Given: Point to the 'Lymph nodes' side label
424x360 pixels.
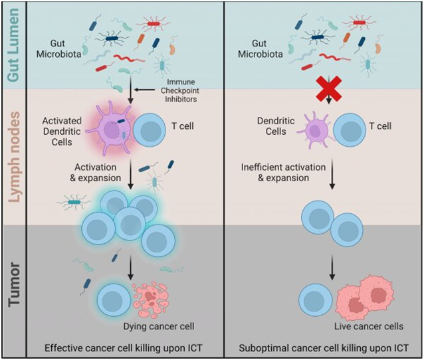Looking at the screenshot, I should [13, 157].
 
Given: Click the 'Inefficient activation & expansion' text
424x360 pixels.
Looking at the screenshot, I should [276, 172].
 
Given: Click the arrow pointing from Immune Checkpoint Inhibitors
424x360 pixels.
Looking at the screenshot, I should [147, 90].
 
